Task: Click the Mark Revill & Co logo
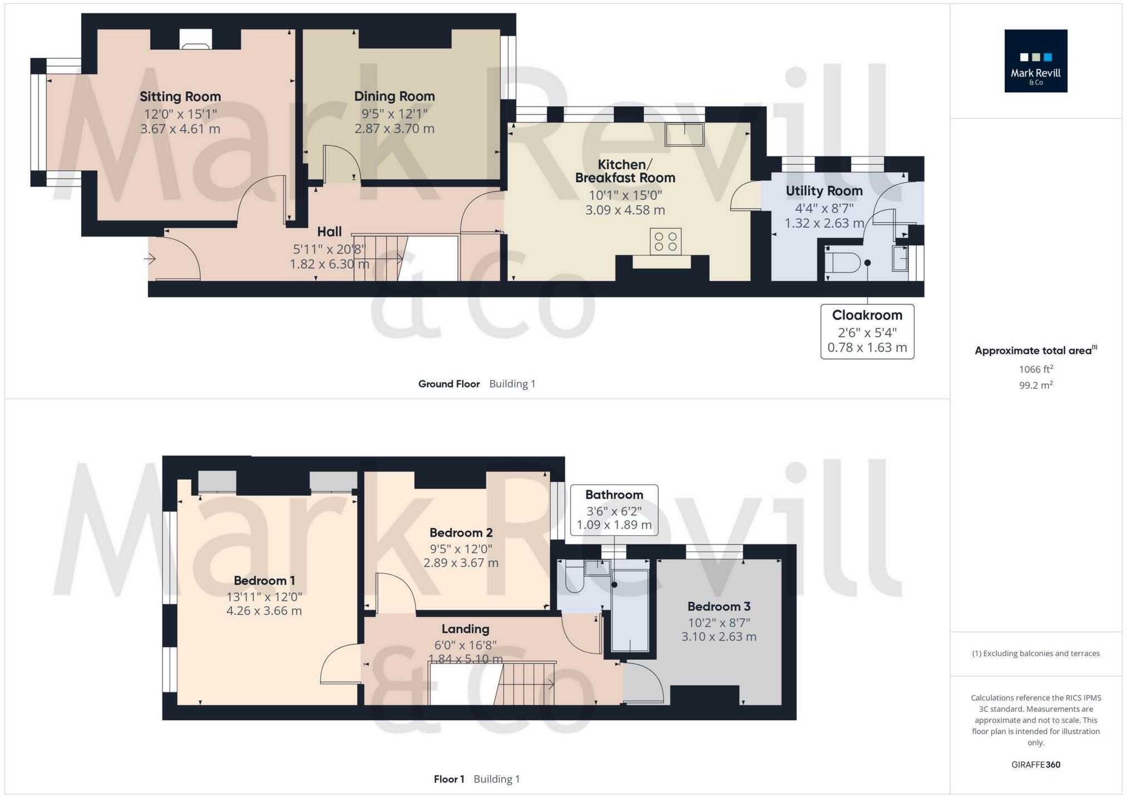[x=1035, y=61]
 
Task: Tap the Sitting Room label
[x=180, y=96]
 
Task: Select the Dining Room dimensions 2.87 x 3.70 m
[x=394, y=129]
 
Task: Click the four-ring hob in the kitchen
[x=665, y=242]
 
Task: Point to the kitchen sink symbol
[x=684, y=134]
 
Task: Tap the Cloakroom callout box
[x=867, y=331]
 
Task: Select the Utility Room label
[x=824, y=191]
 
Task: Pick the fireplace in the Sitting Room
[x=195, y=39]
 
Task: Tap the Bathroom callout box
[x=614, y=510]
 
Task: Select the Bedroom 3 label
[x=719, y=606]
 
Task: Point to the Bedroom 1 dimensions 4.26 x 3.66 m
[x=264, y=611]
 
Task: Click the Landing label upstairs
[x=465, y=629]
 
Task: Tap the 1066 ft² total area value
[x=1035, y=369]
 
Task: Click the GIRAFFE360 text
[x=1035, y=764]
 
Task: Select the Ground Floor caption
[x=448, y=383]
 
